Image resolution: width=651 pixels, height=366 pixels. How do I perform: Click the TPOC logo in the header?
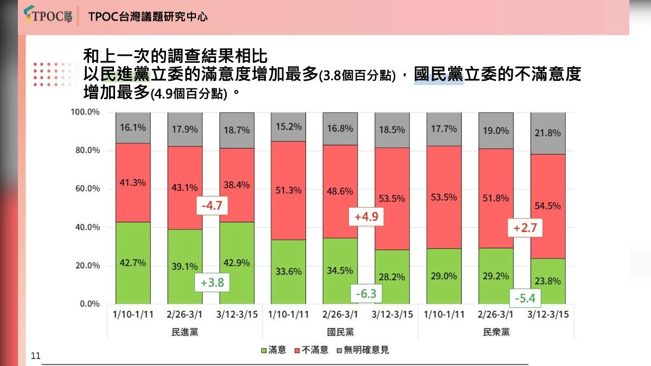[48, 16]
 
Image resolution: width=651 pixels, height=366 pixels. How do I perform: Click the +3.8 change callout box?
[212, 282]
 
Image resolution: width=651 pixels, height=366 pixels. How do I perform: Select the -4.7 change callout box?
[212, 206]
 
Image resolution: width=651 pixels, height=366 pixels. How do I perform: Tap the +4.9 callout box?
[366, 217]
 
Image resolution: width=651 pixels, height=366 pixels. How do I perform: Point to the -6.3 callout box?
[366, 294]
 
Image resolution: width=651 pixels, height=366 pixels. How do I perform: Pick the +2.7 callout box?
[525, 228]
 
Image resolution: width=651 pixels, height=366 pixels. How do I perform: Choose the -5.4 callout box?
[525, 298]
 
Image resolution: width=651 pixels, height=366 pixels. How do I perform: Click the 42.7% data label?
[132, 263]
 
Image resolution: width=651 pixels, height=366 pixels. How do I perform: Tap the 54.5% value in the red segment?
[547, 206]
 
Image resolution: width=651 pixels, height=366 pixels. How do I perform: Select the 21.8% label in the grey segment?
[547, 133]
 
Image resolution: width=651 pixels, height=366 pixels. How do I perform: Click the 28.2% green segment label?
[392, 277]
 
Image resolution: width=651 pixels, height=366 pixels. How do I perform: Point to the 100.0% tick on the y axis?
[85, 112]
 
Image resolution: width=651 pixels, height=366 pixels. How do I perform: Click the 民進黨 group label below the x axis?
[184, 332]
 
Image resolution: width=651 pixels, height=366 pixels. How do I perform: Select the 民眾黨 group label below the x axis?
[496, 332]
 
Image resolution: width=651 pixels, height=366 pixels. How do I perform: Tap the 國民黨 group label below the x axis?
[340, 332]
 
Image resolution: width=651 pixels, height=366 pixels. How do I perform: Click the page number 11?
[36, 356]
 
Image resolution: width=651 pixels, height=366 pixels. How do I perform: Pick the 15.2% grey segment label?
[288, 126]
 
